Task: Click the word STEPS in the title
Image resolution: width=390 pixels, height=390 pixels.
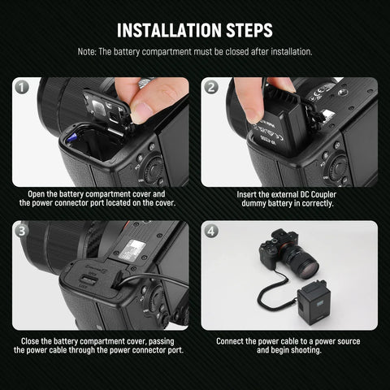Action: click(x=243, y=30)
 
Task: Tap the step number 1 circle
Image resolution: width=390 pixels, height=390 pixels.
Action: click(x=22, y=87)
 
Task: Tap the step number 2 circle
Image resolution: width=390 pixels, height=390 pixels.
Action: click(x=211, y=87)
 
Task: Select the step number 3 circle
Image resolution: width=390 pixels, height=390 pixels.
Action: click(x=22, y=230)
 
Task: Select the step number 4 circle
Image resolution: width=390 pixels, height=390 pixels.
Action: click(x=211, y=230)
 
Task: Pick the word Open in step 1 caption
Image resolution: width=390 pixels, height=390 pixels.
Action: click(x=38, y=195)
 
